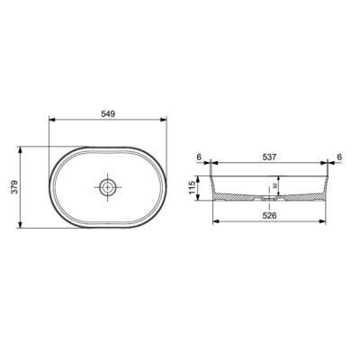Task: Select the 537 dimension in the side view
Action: [268, 157]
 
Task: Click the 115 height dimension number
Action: [193, 188]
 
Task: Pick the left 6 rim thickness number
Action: [197, 157]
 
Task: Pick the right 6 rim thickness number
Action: [339, 157]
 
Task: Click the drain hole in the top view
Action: [107, 188]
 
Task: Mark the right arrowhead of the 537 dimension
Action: [328, 165]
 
